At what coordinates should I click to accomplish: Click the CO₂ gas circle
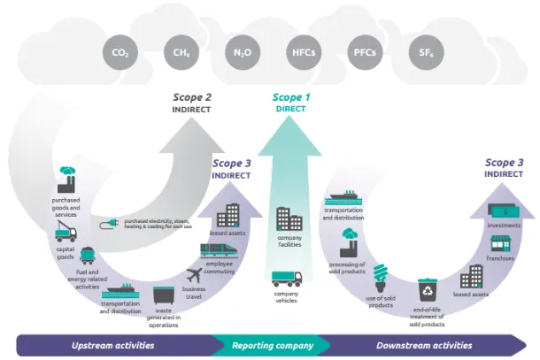click(x=120, y=53)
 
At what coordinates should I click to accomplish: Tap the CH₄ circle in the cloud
click(x=180, y=53)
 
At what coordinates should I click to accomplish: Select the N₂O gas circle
click(x=240, y=53)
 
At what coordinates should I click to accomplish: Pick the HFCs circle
click(x=301, y=53)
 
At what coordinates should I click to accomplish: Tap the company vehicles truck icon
click(x=288, y=279)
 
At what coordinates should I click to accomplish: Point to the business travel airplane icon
click(x=195, y=275)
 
